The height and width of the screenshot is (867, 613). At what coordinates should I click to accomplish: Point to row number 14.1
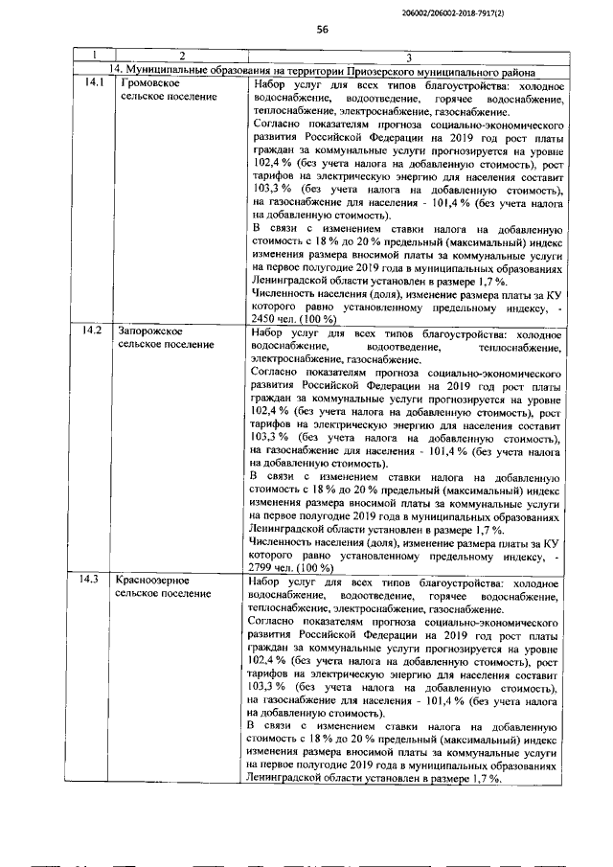(93, 86)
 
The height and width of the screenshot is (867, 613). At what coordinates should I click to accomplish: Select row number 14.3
(93, 582)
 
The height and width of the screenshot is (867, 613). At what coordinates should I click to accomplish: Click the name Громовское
(145, 86)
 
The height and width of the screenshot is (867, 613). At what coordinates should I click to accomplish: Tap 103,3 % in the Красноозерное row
(263, 685)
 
